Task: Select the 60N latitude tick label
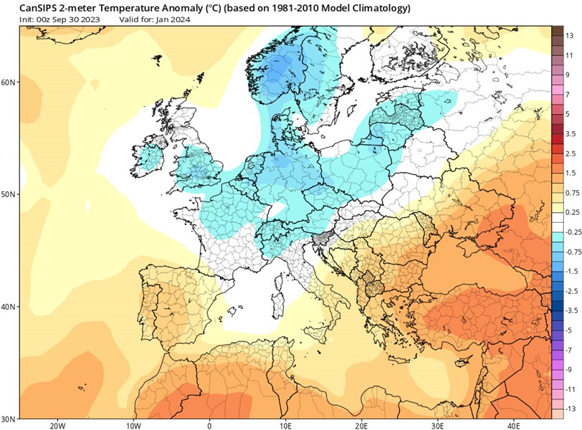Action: click(x=9, y=82)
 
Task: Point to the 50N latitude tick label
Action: click(x=9, y=194)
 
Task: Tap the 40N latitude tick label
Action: click(x=9, y=307)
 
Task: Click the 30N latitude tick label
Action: click(x=9, y=419)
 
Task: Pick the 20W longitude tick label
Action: click(x=57, y=424)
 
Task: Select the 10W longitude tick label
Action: click(x=133, y=424)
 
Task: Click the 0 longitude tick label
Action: click(x=209, y=424)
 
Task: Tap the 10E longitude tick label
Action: click(x=285, y=424)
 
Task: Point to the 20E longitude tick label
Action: click(x=361, y=424)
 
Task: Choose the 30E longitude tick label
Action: click(x=437, y=424)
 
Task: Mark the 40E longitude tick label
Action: click(x=513, y=424)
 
